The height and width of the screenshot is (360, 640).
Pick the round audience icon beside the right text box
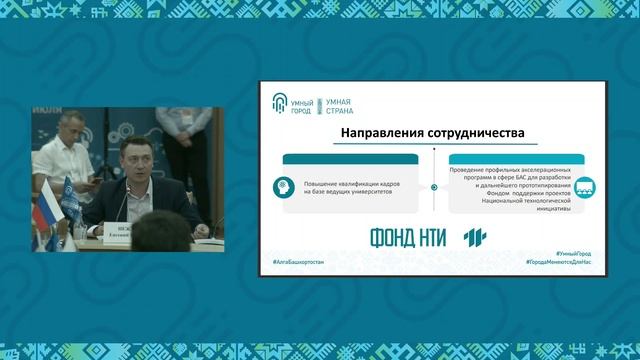585,187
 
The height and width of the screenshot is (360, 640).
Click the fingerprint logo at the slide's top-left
279,101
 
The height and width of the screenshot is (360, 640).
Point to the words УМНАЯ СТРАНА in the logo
341,101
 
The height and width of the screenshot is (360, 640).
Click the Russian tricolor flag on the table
44,211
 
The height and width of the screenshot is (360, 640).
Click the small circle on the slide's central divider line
434,187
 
